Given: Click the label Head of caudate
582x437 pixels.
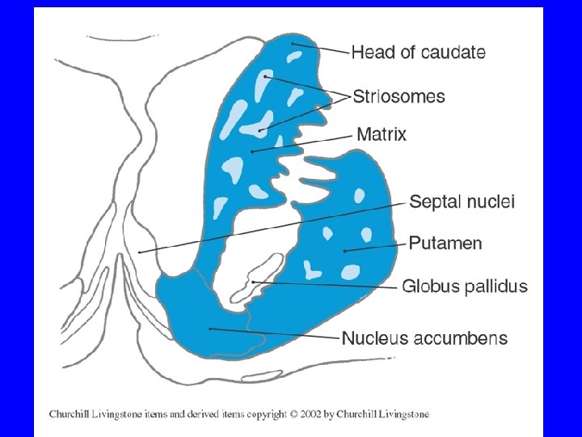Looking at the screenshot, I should coord(418,53).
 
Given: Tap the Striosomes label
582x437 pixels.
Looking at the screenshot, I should coord(398,96).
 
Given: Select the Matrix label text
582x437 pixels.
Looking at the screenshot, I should coord(382,134).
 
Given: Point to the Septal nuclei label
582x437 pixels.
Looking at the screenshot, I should coord(462,202).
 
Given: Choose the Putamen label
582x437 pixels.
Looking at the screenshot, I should coord(445,243).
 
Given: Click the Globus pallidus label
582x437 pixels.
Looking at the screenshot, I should coord(464,286).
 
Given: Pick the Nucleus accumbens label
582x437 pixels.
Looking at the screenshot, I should coord(424,337).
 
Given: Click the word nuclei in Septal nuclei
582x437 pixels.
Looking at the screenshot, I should coord(491,202).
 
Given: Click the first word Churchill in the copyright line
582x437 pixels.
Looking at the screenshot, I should coord(71,414).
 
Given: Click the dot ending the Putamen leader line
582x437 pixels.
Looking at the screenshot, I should coord(345,251).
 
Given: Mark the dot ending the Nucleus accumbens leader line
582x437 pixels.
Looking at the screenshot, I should coord(209,328).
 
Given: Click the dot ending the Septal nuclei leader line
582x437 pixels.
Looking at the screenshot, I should coord(140,252).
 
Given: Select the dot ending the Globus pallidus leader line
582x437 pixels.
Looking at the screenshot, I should coord(253,282).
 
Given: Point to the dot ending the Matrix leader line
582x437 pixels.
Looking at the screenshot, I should coord(253,151).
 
